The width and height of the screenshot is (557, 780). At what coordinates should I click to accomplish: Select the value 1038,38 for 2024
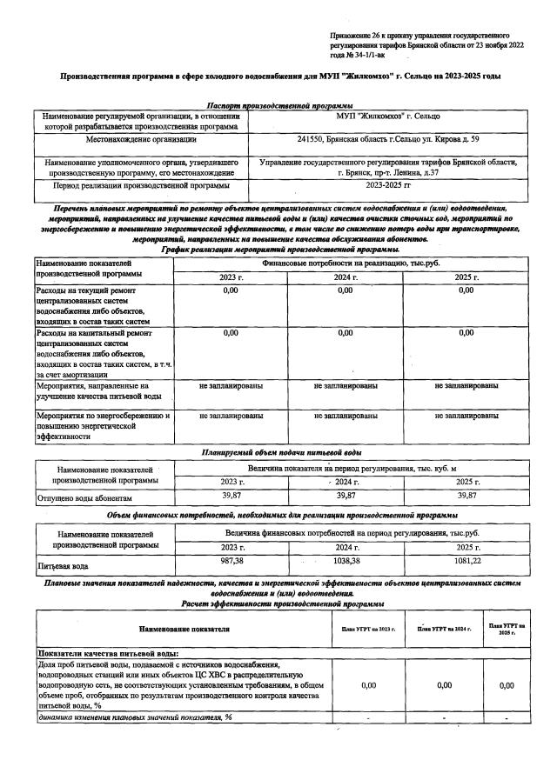347,562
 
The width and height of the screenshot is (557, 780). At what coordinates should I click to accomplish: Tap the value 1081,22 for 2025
467,562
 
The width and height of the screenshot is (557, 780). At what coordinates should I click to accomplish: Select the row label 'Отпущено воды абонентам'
84,498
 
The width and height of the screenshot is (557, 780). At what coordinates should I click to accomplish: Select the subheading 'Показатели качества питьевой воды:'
107,652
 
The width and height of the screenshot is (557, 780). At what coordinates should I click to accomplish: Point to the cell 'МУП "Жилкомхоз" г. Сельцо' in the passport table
388,116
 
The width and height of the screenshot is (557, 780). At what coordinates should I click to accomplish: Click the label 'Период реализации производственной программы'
140,185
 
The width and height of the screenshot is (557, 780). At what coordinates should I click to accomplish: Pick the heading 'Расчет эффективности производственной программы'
278,603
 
